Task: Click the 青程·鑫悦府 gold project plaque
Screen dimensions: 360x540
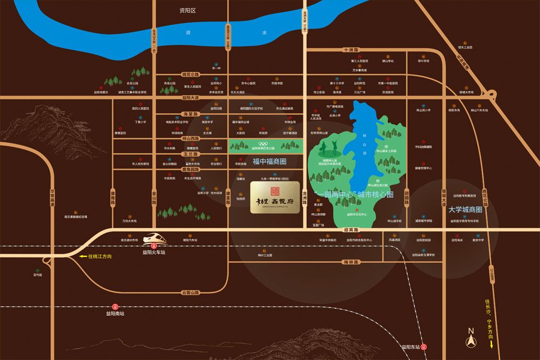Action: coord(275,198)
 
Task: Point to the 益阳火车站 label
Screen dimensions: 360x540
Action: coord(154,252)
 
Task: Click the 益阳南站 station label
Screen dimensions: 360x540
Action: coord(115,313)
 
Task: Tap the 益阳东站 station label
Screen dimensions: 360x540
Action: coord(410,347)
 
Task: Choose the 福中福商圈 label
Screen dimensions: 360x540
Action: coord(269,161)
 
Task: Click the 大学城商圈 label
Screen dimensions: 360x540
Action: coord(465,209)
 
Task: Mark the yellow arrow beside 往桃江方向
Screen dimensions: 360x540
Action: coord(82,256)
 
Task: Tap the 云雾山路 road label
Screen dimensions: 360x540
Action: coord(190,293)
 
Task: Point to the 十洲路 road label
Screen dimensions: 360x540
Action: coord(352,50)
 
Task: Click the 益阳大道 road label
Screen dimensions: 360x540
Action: coord(190,98)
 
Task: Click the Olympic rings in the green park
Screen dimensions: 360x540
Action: coord(262,144)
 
